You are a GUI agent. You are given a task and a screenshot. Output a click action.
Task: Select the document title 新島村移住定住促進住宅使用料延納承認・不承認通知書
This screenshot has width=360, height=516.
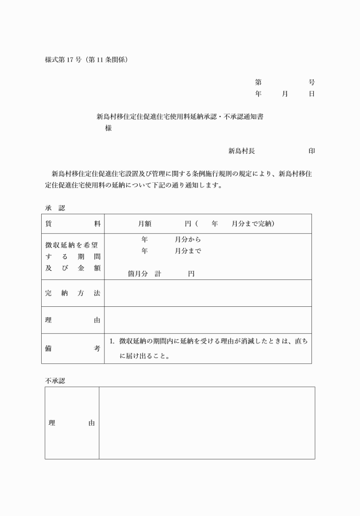(x=180, y=117)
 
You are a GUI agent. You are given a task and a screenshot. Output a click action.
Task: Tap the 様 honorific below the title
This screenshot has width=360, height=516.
(x=108, y=129)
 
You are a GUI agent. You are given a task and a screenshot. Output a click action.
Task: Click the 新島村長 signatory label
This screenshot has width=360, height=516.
(x=241, y=151)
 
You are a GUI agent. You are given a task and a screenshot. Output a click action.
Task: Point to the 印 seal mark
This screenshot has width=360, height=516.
(x=311, y=151)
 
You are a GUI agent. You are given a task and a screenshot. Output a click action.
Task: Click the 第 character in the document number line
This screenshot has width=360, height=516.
(x=258, y=82)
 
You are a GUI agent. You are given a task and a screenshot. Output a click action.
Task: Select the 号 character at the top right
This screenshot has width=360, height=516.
(x=311, y=82)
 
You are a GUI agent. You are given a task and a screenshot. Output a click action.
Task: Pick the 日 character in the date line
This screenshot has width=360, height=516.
(x=311, y=94)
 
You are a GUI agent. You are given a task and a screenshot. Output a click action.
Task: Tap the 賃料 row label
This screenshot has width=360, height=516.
(x=73, y=223)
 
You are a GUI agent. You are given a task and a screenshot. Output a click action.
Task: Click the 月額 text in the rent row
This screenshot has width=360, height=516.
(x=144, y=223)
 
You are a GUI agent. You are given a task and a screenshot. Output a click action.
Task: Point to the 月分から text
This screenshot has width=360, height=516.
(x=187, y=239)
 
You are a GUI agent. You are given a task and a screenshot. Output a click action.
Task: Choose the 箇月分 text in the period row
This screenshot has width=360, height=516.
(x=137, y=274)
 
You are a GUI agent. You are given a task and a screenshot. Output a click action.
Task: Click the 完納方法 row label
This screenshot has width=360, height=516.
(x=73, y=293)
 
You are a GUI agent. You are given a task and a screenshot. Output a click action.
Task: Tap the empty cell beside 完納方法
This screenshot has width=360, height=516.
(x=208, y=293)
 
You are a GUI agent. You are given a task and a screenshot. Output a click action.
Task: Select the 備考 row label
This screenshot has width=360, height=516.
(x=73, y=348)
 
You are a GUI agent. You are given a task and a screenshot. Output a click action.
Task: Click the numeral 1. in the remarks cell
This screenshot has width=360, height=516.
(x=112, y=341)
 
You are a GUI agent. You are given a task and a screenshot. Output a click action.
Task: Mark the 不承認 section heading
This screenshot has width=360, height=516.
(x=55, y=381)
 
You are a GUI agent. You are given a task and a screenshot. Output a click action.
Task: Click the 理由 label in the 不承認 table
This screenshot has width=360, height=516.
(x=71, y=423)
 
